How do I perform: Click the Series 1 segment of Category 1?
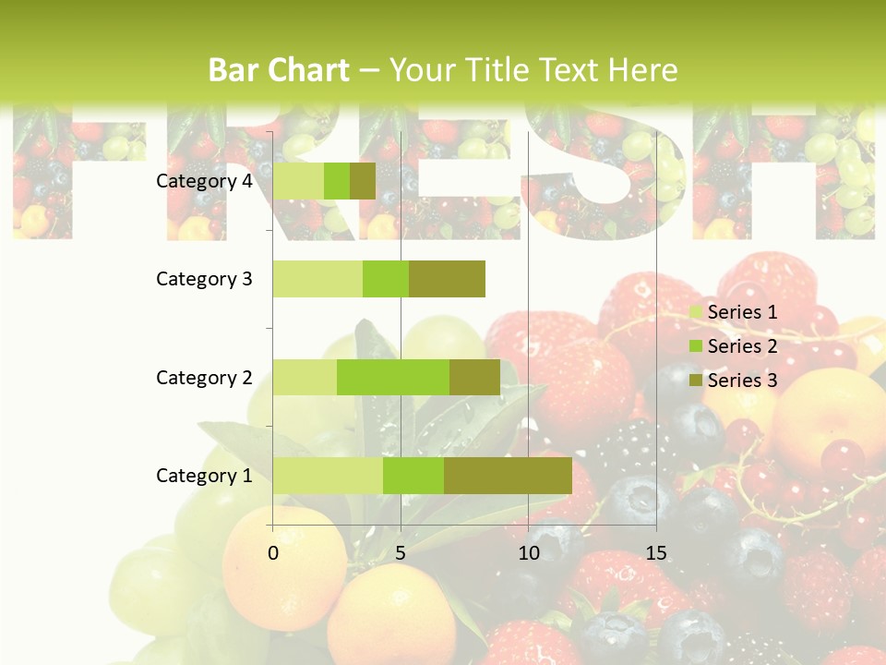328,476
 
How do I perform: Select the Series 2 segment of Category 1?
413,476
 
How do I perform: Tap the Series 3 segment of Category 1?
508,476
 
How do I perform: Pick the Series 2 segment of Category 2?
393,377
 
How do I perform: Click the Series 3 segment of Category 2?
474,377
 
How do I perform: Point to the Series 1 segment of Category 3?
317,279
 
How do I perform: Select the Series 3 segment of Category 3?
447,279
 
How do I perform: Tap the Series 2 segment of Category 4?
337,181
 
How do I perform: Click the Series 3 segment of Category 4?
363,181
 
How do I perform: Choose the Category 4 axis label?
204,181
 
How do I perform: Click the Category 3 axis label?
204,279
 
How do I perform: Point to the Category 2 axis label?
204,378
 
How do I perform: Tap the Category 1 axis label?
204,476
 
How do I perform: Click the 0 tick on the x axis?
273,553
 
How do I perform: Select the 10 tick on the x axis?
528,553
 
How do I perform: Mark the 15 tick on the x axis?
655,553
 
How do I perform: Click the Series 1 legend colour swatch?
696,312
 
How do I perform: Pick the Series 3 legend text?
742,381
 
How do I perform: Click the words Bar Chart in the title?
279,70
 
